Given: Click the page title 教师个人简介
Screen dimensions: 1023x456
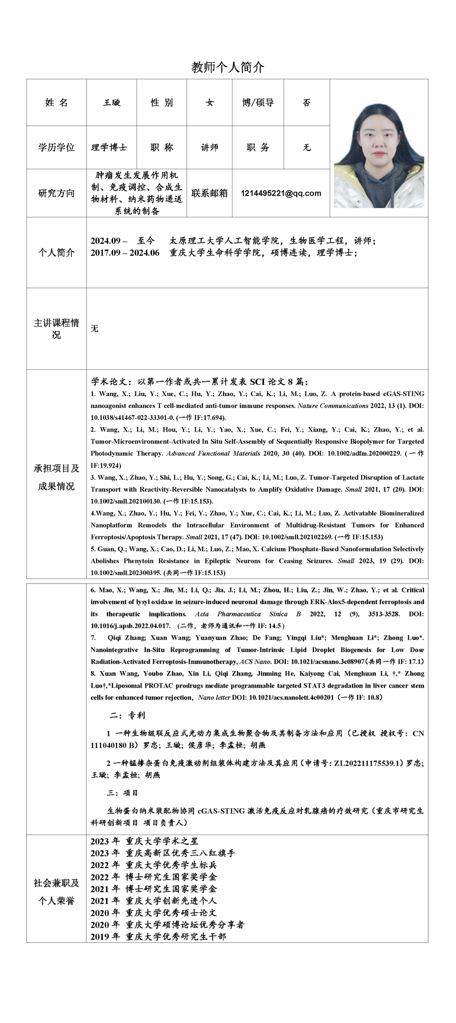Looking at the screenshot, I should (228, 67).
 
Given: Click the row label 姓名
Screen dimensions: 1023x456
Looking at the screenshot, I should (57, 103).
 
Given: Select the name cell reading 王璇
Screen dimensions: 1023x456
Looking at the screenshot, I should (112, 103).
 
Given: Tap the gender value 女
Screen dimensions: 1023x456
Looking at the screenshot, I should (209, 103).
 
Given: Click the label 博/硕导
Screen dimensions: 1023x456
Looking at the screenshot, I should (258, 103).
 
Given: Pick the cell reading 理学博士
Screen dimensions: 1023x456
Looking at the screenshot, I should (109, 147).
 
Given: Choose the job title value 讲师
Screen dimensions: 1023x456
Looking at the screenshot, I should (209, 147).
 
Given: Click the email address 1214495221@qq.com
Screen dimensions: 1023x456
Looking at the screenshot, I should (281, 193).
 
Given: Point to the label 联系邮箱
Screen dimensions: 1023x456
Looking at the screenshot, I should (209, 193).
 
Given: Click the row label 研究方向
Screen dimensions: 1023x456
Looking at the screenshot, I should (57, 193).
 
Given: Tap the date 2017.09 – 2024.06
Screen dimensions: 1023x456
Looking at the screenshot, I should (125, 253).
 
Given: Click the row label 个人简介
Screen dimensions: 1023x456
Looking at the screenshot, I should (57, 253).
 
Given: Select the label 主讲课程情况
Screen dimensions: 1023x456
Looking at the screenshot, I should (57, 329).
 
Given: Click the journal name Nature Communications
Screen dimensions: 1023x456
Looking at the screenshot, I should (333, 406).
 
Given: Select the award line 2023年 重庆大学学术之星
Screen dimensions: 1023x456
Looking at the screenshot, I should (144, 841).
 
